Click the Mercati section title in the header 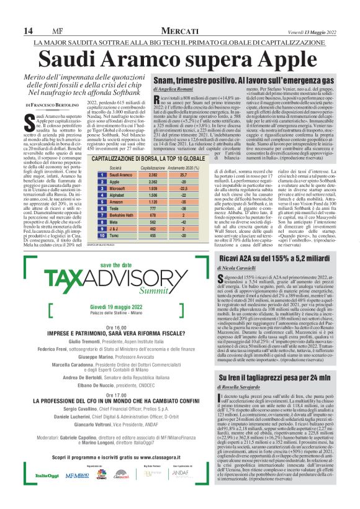pos(179,31)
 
